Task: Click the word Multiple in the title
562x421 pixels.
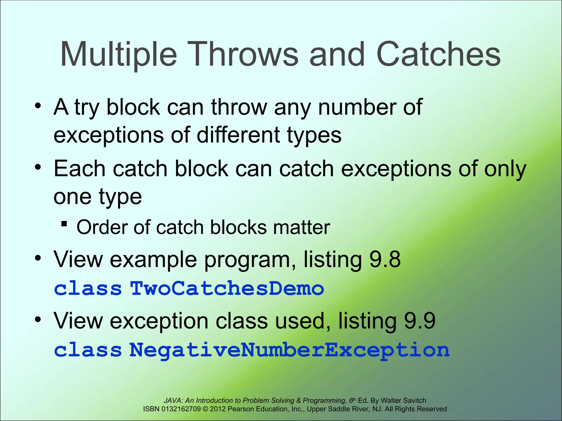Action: [119, 55]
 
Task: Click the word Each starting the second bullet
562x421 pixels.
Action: [79, 169]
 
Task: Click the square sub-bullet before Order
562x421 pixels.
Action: [64, 224]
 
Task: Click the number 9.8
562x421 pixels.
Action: [385, 259]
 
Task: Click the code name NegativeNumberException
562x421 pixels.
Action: [289, 351]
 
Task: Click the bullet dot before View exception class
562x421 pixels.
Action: [38, 319]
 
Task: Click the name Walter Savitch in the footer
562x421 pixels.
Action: [403, 400]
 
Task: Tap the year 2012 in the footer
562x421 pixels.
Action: [218, 409]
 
